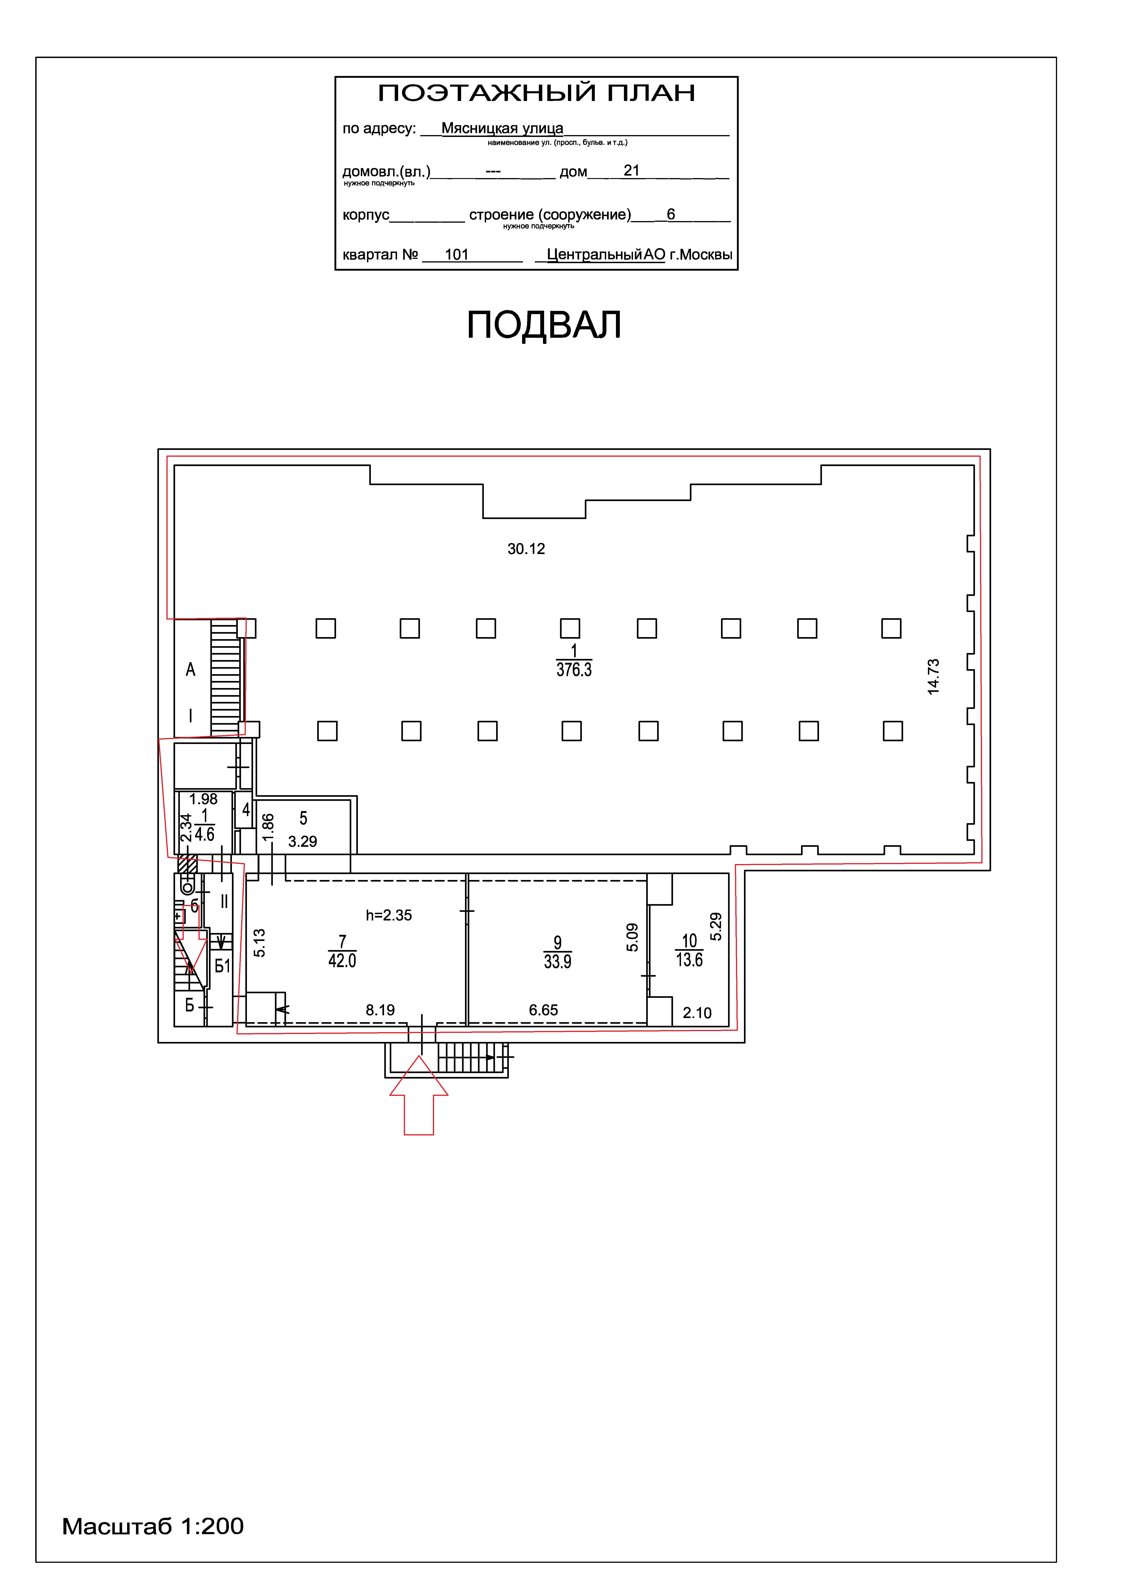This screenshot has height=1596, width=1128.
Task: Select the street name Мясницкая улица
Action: point(502,129)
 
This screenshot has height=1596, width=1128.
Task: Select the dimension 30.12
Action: point(526,549)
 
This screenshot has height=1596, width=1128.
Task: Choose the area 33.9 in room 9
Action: point(557,962)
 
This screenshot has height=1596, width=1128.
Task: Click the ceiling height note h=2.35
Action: point(389,915)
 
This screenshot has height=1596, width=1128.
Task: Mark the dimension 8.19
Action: point(380,1010)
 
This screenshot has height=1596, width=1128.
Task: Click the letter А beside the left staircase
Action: point(191,670)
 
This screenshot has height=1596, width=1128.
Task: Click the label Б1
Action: point(222,966)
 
